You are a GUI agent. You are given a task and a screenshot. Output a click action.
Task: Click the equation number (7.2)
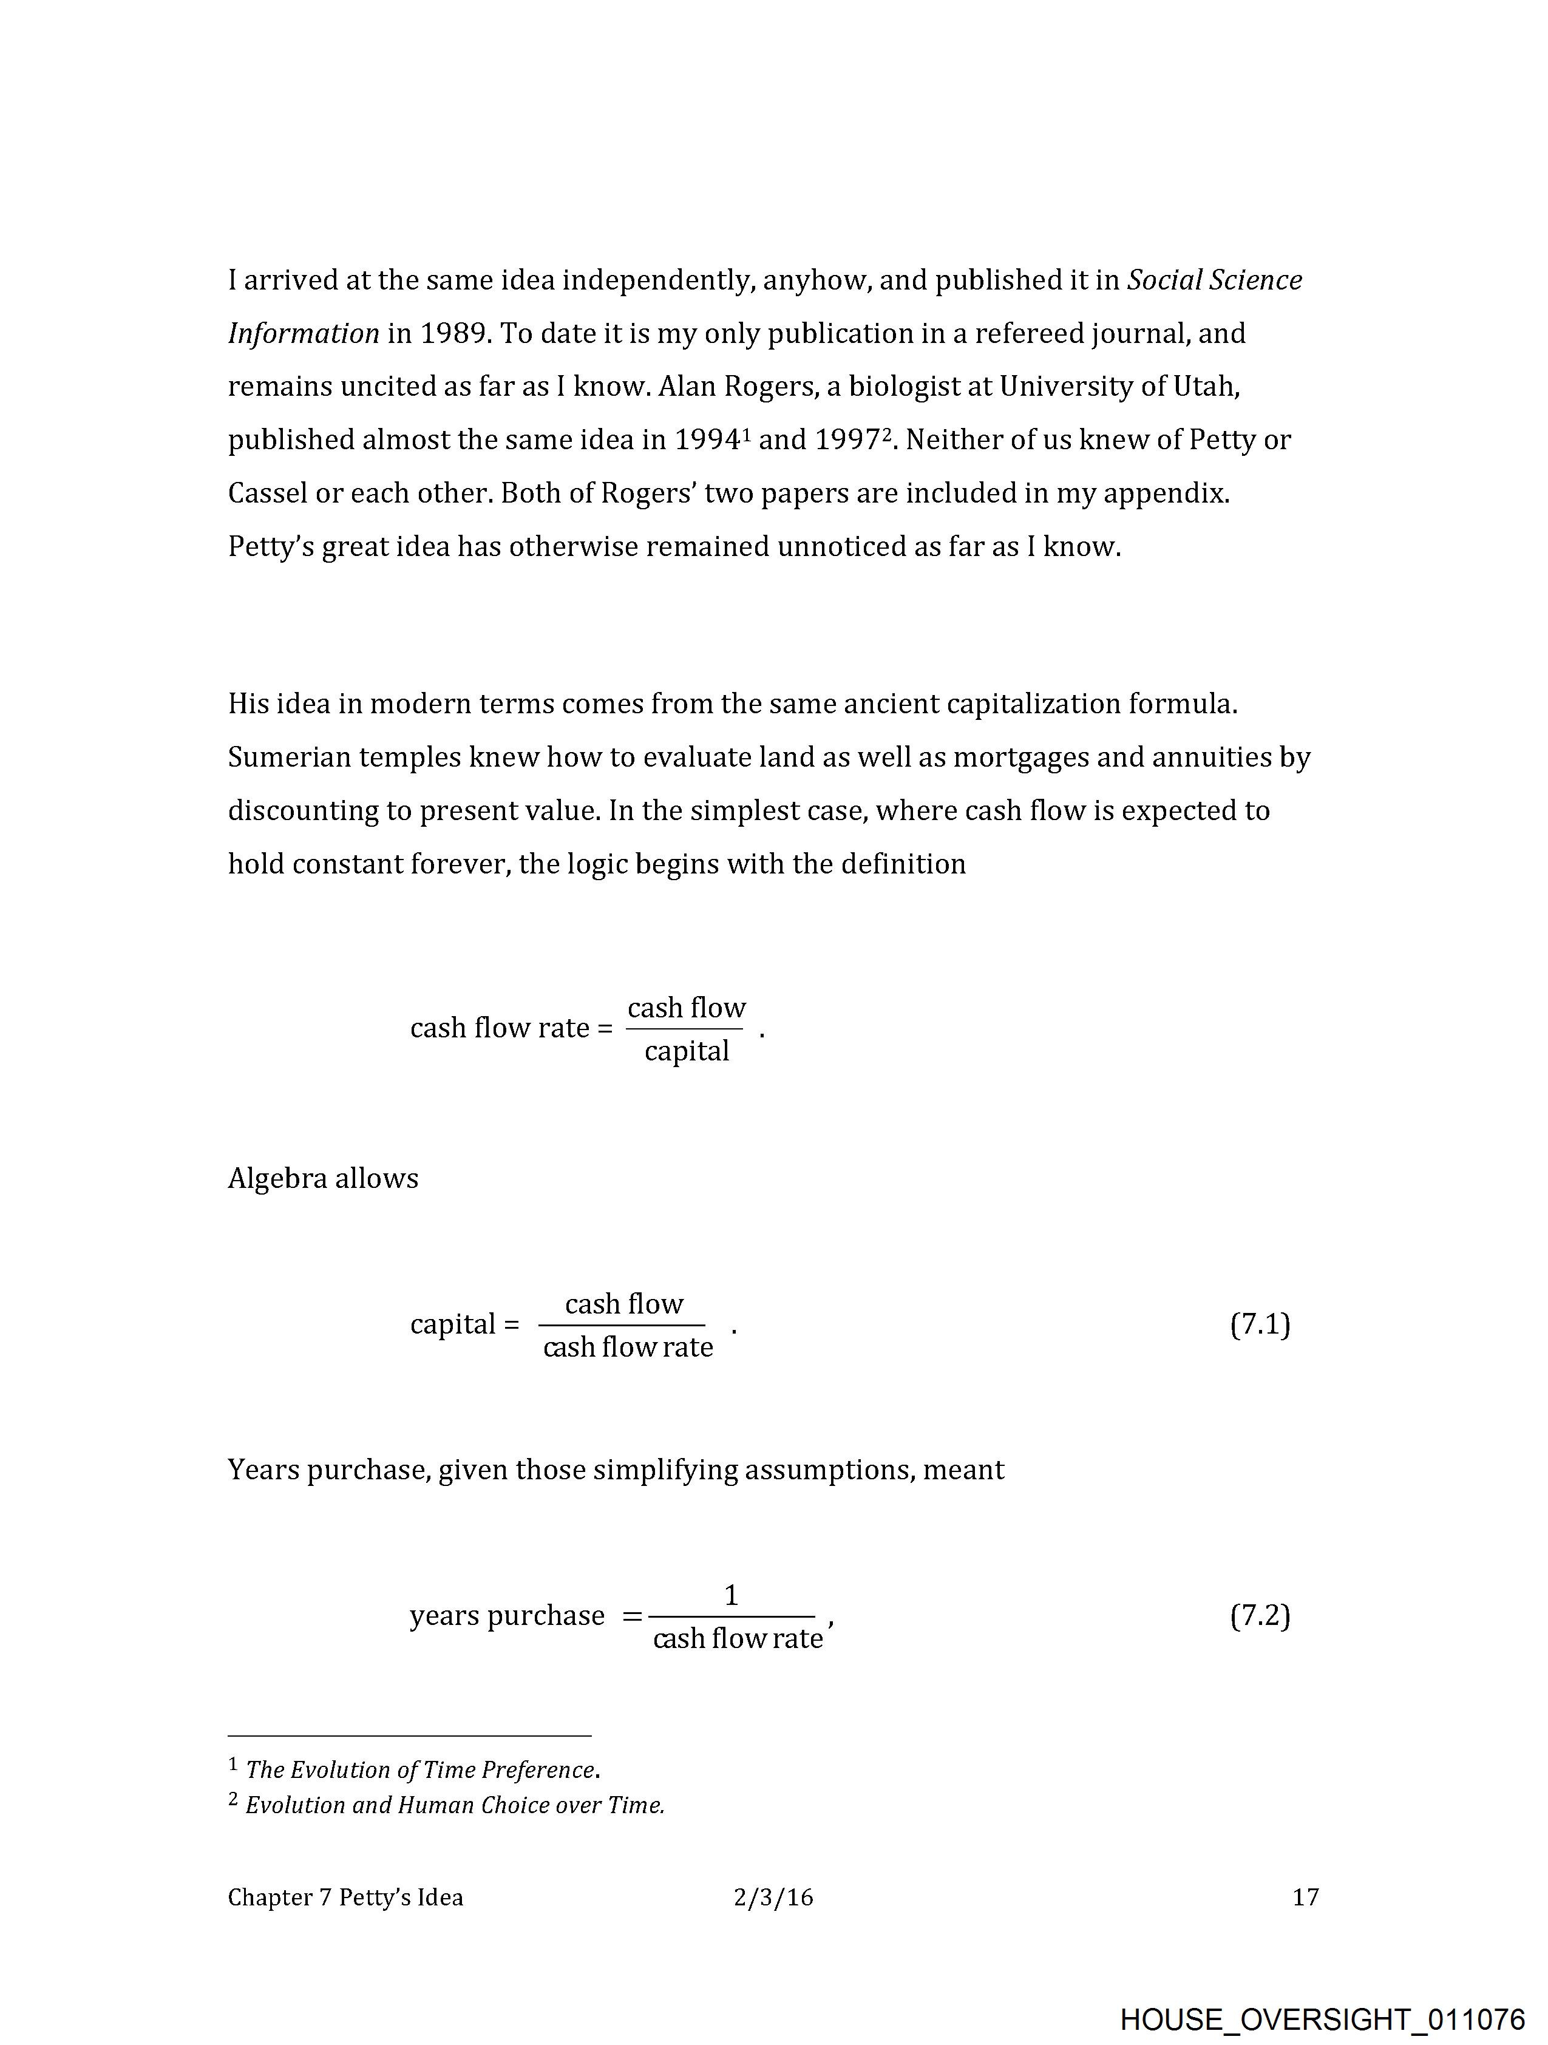click(x=1260, y=1615)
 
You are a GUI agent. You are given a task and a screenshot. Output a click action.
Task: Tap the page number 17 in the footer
click(x=1305, y=1897)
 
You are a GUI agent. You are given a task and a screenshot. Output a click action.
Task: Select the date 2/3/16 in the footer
click(x=773, y=1897)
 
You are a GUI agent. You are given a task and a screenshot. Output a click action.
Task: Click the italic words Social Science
click(x=1214, y=279)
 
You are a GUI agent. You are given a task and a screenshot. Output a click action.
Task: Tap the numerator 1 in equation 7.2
click(x=730, y=1595)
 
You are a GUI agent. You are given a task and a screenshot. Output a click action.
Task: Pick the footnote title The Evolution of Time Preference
click(x=421, y=1769)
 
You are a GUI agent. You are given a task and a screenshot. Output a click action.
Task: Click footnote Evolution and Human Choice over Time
click(x=455, y=1805)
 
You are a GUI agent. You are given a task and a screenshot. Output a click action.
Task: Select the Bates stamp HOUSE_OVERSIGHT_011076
click(x=1322, y=2019)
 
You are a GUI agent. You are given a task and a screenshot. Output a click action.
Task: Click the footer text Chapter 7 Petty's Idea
click(x=345, y=1897)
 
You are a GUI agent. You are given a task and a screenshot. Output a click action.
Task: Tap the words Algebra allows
click(x=323, y=1178)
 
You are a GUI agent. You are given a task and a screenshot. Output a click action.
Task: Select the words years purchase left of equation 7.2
click(x=507, y=1615)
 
